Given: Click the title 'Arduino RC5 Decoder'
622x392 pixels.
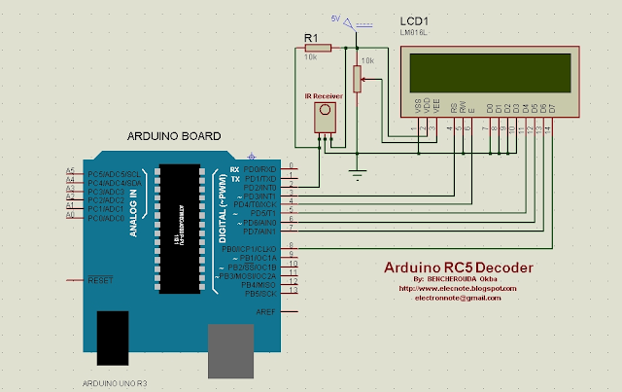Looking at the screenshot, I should click(x=455, y=267).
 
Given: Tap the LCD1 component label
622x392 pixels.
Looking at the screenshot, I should click(x=414, y=22).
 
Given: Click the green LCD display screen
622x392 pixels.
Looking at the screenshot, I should click(x=489, y=71).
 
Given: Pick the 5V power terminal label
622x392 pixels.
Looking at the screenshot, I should click(x=336, y=18).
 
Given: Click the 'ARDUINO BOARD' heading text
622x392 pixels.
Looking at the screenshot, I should click(x=174, y=135).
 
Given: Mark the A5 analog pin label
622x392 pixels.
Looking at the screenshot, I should click(x=70, y=171).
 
